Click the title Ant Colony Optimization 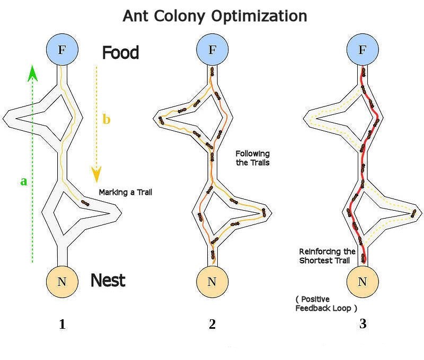(x=215, y=16)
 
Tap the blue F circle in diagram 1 (x=62, y=50)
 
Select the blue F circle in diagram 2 (x=212, y=50)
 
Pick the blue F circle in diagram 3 (x=363, y=50)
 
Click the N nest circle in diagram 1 (x=62, y=281)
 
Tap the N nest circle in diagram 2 (x=212, y=281)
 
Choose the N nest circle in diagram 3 (x=363, y=281)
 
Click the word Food (x=120, y=53)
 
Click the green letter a (x=23, y=181)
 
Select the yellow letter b (x=107, y=120)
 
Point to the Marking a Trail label (x=126, y=192)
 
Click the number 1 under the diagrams (x=62, y=325)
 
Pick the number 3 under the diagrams (x=363, y=325)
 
